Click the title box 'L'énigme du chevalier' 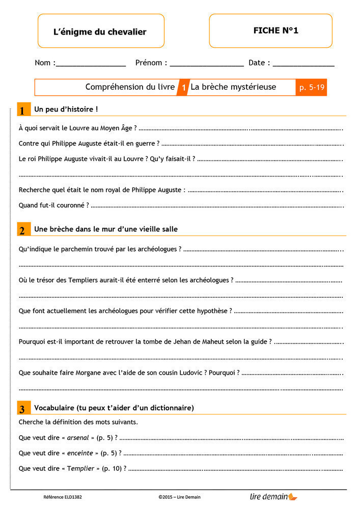pos(100,32)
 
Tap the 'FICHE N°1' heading pos(275,31)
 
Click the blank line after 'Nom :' pos(91,65)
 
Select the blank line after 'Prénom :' pos(207,65)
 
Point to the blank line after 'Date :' pos(303,65)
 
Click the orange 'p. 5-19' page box pos(312,88)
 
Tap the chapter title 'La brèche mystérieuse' pos(233,87)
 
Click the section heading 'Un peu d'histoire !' pos(66,109)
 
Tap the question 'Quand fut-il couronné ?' pos(53,205)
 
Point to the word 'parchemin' pos(85,249)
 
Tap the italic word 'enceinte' pos(80,453)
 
